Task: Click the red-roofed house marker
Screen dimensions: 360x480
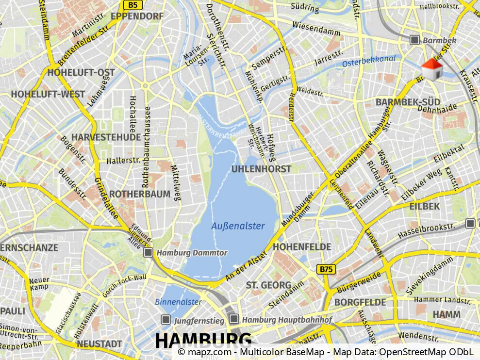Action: pos(431,69)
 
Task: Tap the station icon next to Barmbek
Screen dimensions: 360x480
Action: pos(414,40)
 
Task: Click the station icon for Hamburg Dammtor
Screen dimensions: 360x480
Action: pos(149,252)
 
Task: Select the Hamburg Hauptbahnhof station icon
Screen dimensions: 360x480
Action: pos(234,319)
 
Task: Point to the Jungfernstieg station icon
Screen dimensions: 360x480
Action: pos(166,320)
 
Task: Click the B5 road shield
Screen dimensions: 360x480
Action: pos(132,5)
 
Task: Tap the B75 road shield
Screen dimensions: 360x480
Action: pos(327,269)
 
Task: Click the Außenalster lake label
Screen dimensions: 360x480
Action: pos(238,226)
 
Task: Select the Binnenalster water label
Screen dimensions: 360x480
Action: pos(178,302)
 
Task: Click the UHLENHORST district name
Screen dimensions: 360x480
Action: pos(261,169)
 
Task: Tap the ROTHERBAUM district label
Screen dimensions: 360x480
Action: pos(140,194)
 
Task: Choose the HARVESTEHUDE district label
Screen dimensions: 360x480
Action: pos(106,137)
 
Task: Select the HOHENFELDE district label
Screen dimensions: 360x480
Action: pos(302,246)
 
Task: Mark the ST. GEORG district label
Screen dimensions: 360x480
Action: pos(268,285)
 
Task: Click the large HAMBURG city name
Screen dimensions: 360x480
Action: pos(203,340)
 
